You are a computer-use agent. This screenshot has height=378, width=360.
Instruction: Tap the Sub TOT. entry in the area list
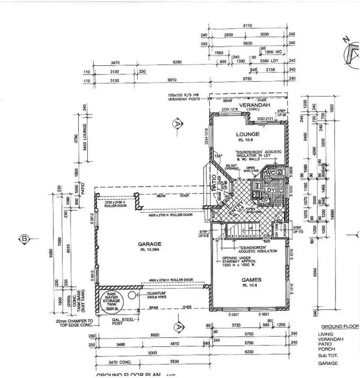coord(327,356)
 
